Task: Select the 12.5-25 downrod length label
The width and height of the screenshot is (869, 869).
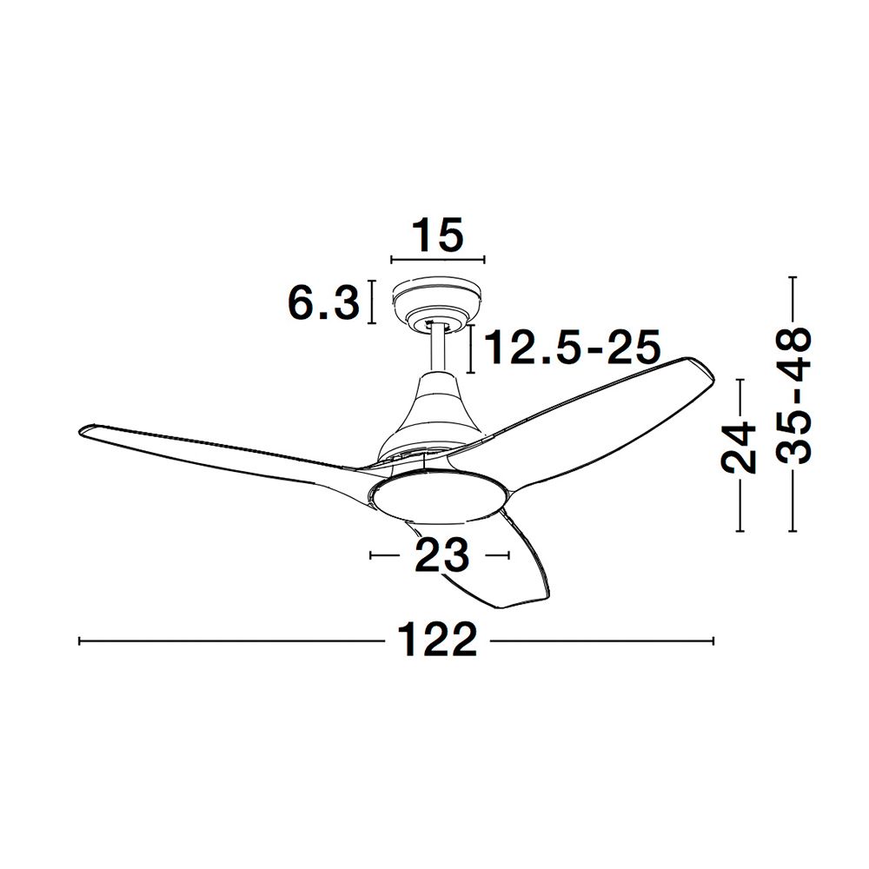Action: point(573,347)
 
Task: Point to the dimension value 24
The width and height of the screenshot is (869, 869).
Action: point(739,448)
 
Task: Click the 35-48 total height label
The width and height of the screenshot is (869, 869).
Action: point(793,395)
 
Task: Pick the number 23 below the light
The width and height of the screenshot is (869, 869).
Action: point(441,554)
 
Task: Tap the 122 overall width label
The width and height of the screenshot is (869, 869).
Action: point(437,640)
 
